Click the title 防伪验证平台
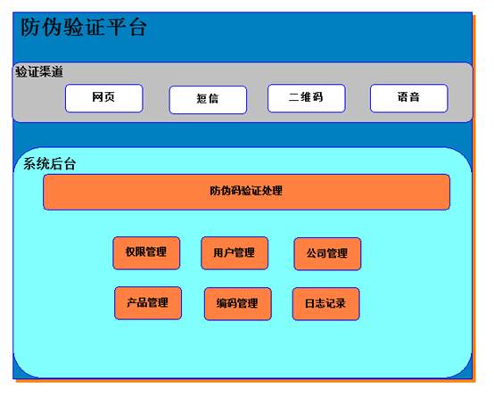[x=84, y=27]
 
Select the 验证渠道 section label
[x=39, y=72]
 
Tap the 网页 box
[x=104, y=98]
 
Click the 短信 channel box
[x=208, y=100]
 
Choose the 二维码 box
[x=307, y=98]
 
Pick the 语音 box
[x=409, y=98]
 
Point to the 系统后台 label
[x=49, y=164]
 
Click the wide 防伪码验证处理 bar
[x=246, y=192]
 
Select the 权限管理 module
[x=146, y=253]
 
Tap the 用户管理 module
[x=235, y=253]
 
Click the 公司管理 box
[x=327, y=254]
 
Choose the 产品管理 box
[x=148, y=303]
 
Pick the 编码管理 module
[x=238, y=304]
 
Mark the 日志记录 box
[x=326, y=304]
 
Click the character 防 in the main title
[x=30, y=28]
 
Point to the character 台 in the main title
[x=137, y=28]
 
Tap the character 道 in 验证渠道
[x=57, y=72]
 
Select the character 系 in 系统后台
[x=29, y=164]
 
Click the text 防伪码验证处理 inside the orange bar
[x=246, y=191]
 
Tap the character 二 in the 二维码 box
[x=293, y=97]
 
